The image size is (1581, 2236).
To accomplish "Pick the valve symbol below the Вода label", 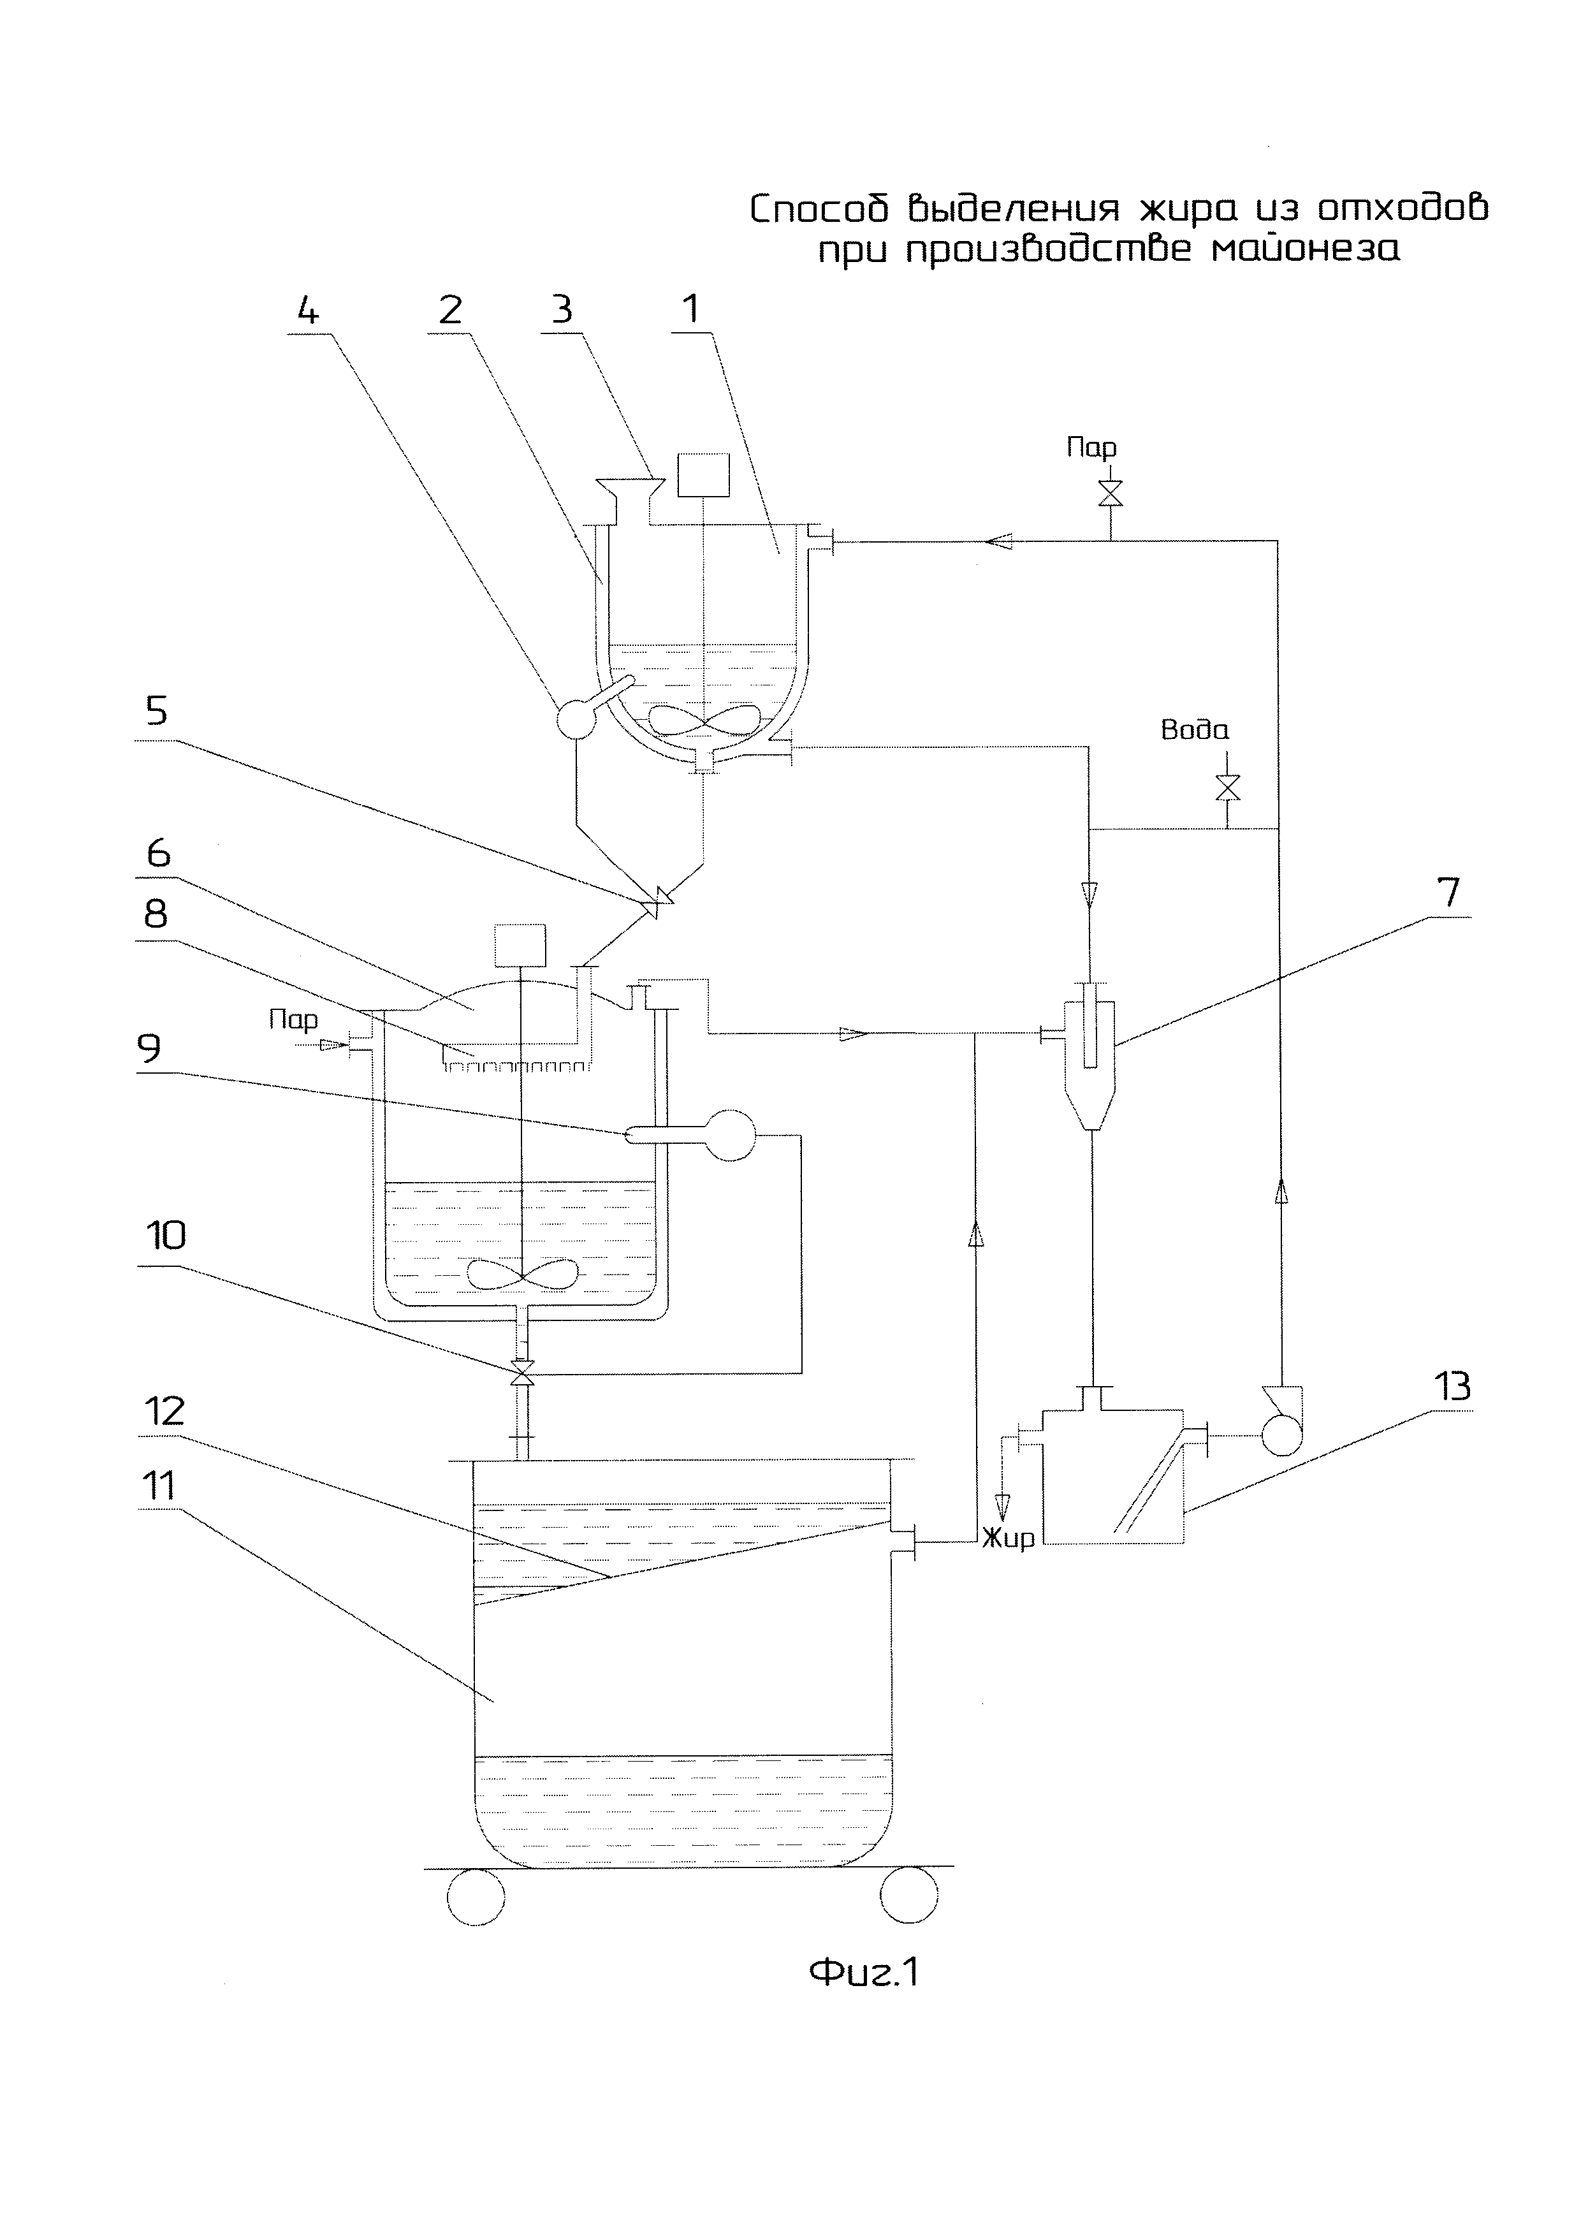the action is click(x=1228, y=787).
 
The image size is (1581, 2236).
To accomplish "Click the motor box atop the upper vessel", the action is click(x=703, y=475).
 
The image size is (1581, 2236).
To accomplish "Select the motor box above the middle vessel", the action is click(x=521, y=945).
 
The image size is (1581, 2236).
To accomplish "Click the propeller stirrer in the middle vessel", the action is click(x=523, y=1273).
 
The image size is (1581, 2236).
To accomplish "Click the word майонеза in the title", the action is click(x=1306, y=251).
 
